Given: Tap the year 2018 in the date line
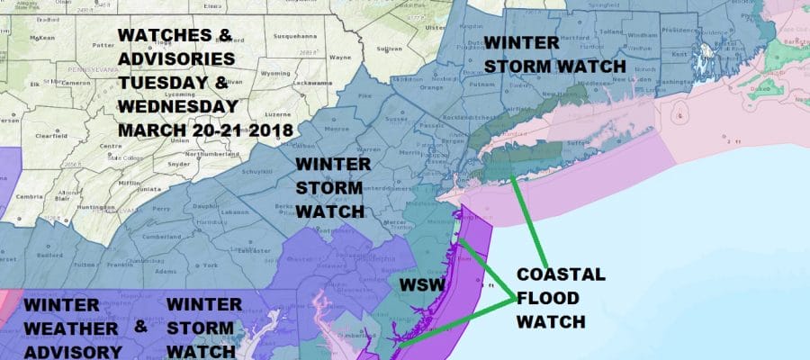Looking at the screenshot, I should coord(267,130).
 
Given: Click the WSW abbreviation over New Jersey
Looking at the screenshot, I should coord(419,287).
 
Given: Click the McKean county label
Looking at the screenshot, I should coord(43,38).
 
